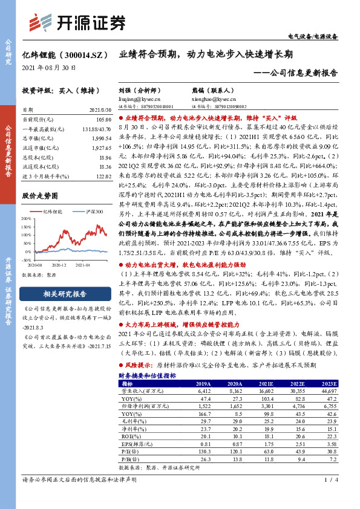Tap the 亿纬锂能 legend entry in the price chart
coord(53,212)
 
